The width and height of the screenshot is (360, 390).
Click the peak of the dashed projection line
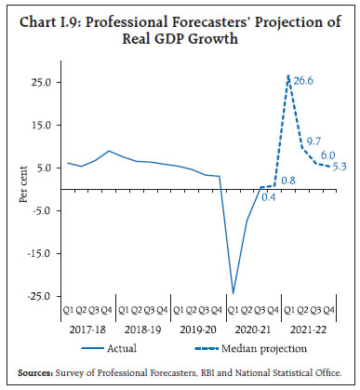point(289,76)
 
